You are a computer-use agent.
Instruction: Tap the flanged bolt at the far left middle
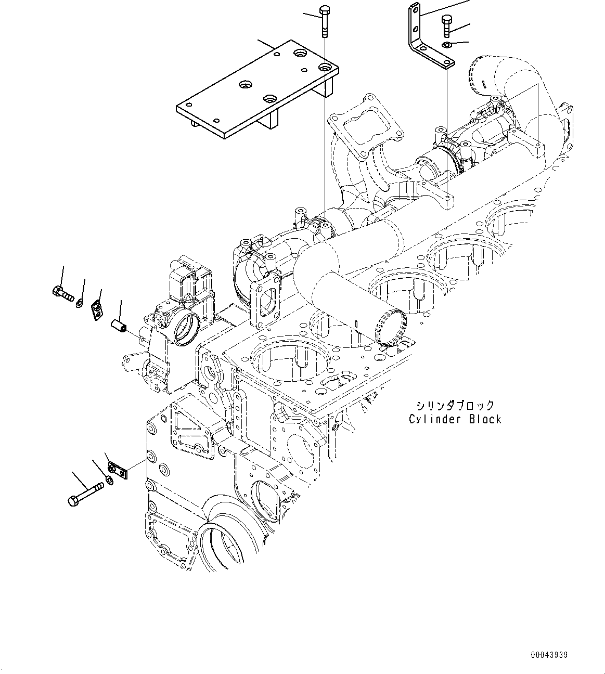click(62, 293)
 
